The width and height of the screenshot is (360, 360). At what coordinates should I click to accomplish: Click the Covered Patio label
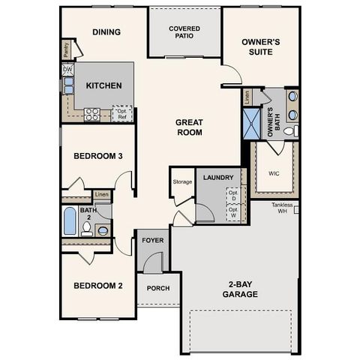pos(184,30)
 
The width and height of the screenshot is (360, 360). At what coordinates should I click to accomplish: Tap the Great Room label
pos(189,127)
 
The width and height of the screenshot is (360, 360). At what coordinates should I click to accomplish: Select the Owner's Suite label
pos(260,46)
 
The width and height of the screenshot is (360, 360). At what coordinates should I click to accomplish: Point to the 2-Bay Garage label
pos(239,289)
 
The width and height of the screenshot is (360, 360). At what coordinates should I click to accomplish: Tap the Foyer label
pos(153,241)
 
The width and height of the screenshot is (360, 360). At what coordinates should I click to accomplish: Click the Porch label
pos(157,289)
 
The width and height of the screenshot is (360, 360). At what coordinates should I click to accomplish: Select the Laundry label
pos(218,178)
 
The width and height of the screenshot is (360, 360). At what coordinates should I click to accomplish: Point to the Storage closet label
pos(182,181)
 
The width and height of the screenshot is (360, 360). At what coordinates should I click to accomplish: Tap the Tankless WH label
pos(283,207)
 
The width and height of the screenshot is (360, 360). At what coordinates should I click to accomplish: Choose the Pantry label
pos(66,49)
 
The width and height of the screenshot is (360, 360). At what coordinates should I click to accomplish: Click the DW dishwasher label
pos(68,69)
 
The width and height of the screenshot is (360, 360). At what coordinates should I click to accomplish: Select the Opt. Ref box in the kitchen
pos(122,113)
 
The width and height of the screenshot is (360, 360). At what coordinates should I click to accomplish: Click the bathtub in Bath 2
pos(70,222)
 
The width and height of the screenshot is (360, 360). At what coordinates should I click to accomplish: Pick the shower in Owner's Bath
pos(250,124)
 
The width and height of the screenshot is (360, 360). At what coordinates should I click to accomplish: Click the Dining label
pos(107,31)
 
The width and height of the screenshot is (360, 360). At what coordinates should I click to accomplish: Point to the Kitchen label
pos(103,85)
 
